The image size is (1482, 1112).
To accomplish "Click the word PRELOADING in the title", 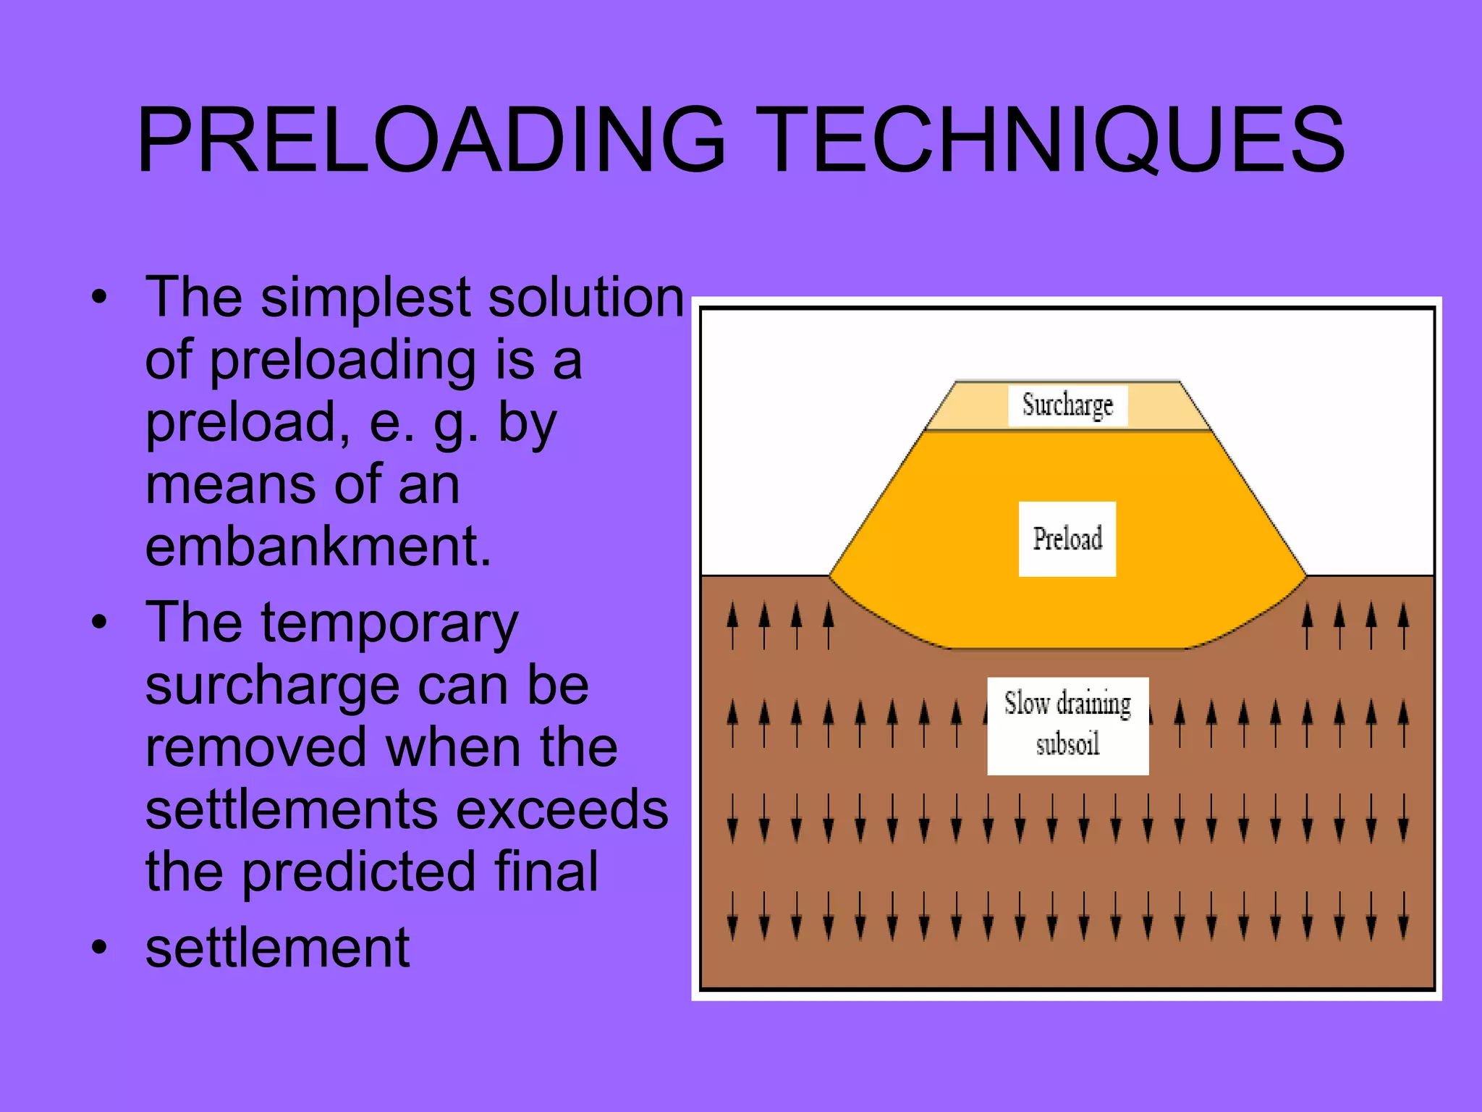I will tap(431, 140).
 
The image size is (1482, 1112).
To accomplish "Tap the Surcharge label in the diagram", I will tap(1067, 405).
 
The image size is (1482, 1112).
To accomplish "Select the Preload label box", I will tap(1067, 539).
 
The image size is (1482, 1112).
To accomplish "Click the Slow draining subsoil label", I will tap(1067, 725).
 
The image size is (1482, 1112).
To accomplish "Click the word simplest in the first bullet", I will tap(366, 298).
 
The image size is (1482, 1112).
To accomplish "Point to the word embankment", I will tap(318, 547).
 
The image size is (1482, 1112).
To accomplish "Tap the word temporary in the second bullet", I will tap(389, 624).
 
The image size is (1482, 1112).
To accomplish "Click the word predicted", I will tap(358, 872).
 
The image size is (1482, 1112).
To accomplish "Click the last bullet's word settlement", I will tap(277, 948).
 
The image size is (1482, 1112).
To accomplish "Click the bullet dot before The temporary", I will tap(99, 623).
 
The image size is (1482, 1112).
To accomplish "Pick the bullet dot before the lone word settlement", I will tap(99, 947).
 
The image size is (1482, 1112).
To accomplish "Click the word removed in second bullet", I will tap(256, 748).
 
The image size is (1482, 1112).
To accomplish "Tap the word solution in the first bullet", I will tap(585, 298).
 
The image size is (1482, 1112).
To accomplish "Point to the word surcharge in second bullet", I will tap(271, 686).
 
